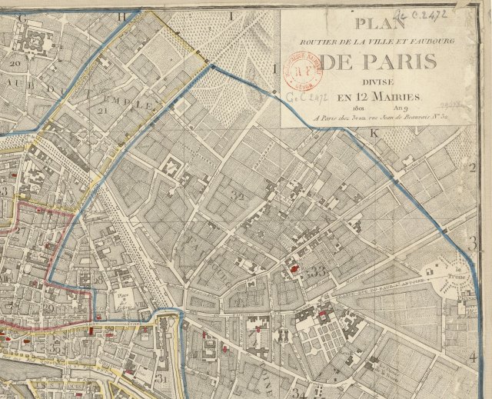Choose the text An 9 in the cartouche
click(x=400, y=108)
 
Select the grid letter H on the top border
click(x=140, y=15)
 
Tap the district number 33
click(x=317, y=271)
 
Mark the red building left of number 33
click(x=294, y=269)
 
